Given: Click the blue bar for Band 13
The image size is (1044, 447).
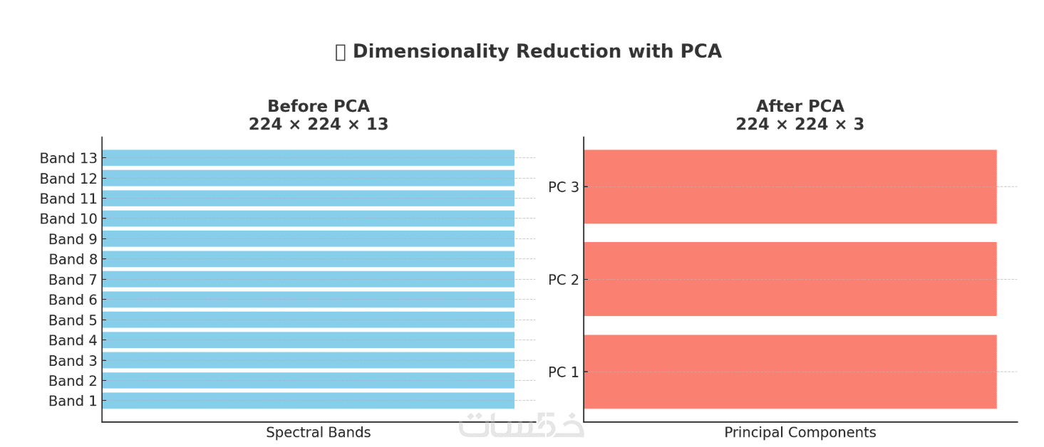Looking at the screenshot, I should pyautogui.click(x=308, y=158).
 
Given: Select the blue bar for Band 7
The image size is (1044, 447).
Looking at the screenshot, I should pyautogui.click(x=308, y=279).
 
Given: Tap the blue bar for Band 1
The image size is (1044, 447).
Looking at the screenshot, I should pyautogui.click(x=308, y=401).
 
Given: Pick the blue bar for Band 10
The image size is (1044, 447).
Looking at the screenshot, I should pyautogui.click(x=308, y=219).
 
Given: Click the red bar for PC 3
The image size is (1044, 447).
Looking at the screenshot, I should pyautogui.click(x=790, y=186).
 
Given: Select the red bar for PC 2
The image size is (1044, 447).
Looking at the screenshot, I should pyautogui.click(x=790, y=279).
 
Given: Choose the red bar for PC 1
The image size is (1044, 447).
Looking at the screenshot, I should pyautogui.click(x=790, y=372).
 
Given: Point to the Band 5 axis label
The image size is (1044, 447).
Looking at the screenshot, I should pyautogui.click(x=73, y=320).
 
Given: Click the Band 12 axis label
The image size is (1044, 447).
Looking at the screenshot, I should pyautogui.click(x=68, y=179).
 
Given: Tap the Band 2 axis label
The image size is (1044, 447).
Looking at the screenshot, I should pyautogui.click(x=73, y=381).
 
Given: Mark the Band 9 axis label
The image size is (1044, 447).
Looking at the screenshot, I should pyautogui.click(x=73, y=239).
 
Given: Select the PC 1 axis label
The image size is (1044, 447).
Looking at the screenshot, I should pyautogui.click(x=564, y=372).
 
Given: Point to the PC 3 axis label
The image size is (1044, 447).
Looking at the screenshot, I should pyautogui.click(x=564, y=187).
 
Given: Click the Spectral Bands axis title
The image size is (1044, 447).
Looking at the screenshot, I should pyautogui.click(x=319, y=433).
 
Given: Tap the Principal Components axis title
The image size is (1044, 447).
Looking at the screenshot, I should pyautogui.click(x=800, y=433).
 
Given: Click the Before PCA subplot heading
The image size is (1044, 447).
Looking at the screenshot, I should pyautogui.click(x=319, y=107).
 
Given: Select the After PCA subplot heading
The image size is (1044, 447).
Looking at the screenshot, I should pyautogui.click(x=800, y=107).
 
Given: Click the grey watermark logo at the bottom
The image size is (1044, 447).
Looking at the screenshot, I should pyautogui.click(x=521, y=425).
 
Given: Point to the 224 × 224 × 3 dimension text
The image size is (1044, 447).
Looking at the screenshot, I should pyautogui.click(x=800, y=125).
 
